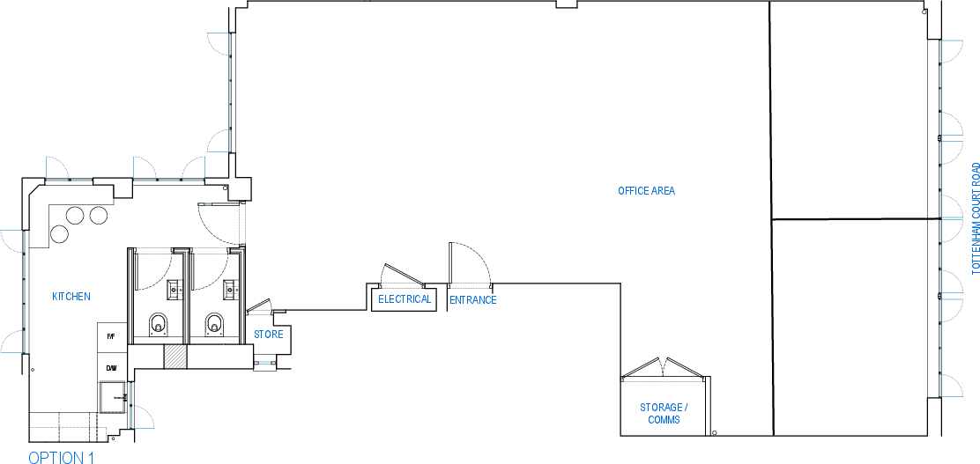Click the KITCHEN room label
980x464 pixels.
point(71,297)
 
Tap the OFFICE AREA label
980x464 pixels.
point(646,191)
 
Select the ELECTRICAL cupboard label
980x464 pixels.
point(405,299)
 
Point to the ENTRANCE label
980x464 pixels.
point(473,300)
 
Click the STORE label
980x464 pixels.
point(268,335)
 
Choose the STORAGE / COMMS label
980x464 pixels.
point(664,414)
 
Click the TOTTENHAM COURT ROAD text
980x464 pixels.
point(976,218)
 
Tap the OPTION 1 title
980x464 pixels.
point(62,457)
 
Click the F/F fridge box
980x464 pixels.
point(112,337)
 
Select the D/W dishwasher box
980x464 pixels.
point(112,368)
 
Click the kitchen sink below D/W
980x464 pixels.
point(113,397)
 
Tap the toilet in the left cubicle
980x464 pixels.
point(159,324)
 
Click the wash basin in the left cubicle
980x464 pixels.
point(174,289)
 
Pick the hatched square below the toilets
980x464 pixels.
point(175,356)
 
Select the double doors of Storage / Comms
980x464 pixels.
point(664,368)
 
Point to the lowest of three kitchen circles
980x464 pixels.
point(59,234)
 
